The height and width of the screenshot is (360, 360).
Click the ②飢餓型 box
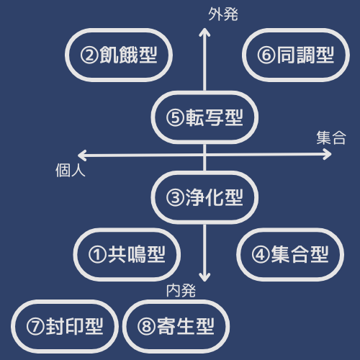(x=119, y=55)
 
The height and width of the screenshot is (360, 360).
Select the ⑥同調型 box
(x=296, y=55)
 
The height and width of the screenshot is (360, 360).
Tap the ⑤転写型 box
(x=204, y=117)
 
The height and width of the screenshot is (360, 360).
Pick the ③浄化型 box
(x=204, y=197)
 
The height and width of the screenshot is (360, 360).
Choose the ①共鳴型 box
(x=127, y=254)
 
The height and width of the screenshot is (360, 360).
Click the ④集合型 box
(x=290, y=254)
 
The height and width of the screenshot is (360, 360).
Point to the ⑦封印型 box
(x=65, y=326)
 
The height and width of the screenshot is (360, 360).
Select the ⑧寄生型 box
(x=176, y=326)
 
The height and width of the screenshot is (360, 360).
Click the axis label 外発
(x=223, y=14)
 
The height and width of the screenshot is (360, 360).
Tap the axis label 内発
(x=181, y=291)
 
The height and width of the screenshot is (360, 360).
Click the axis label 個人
(x=71, y=171)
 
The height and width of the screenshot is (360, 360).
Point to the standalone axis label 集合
(x=331, y=138)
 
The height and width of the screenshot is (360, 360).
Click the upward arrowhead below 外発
(x=204, y=32)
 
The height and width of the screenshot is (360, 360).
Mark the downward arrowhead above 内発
(x=204, y=277)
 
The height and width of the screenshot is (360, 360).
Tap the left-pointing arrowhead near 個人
(x=82, y=156)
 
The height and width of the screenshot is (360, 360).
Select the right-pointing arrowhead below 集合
(x=328, y=154)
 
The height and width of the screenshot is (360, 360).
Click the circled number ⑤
(x=175, y=118)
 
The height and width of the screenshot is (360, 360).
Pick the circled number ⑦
(x=35, y=327)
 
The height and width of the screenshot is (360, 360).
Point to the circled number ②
(x=89, y=55)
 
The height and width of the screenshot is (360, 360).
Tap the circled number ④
(x=261, y=255)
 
